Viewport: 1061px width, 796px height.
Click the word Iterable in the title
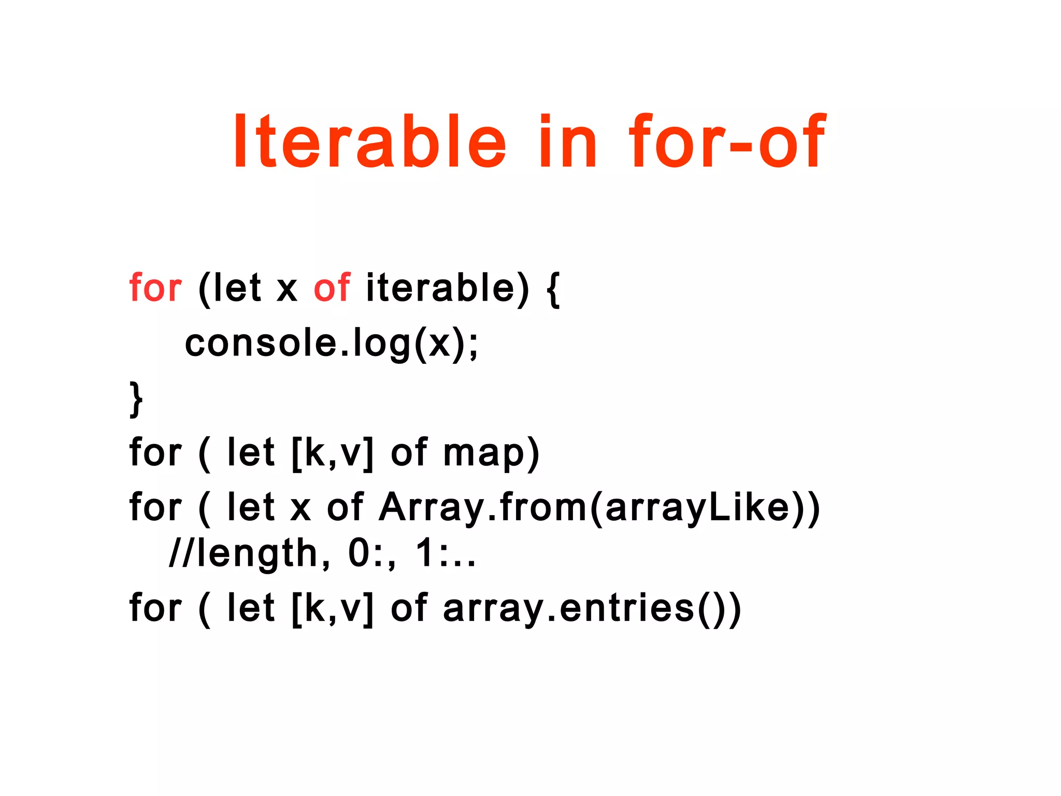click(x=369, y=141)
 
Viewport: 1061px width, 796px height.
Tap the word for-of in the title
click(x=726, y=141)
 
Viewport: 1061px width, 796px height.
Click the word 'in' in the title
click(x=568, y=141)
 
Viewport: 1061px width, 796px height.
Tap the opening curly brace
click(x=553, y=290)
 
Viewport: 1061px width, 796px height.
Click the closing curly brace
click(x=136, y=399)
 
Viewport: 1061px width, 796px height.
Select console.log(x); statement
click(x=332, y=344)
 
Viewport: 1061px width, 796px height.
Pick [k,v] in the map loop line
click(x=332, y=454)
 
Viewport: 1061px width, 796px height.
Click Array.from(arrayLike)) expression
click(x=599, y=508)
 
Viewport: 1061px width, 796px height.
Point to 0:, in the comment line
click(x=372, y=553)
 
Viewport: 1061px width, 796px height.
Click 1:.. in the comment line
click(x=446, y=553)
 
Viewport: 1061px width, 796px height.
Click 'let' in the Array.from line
click(x=250, y=508)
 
